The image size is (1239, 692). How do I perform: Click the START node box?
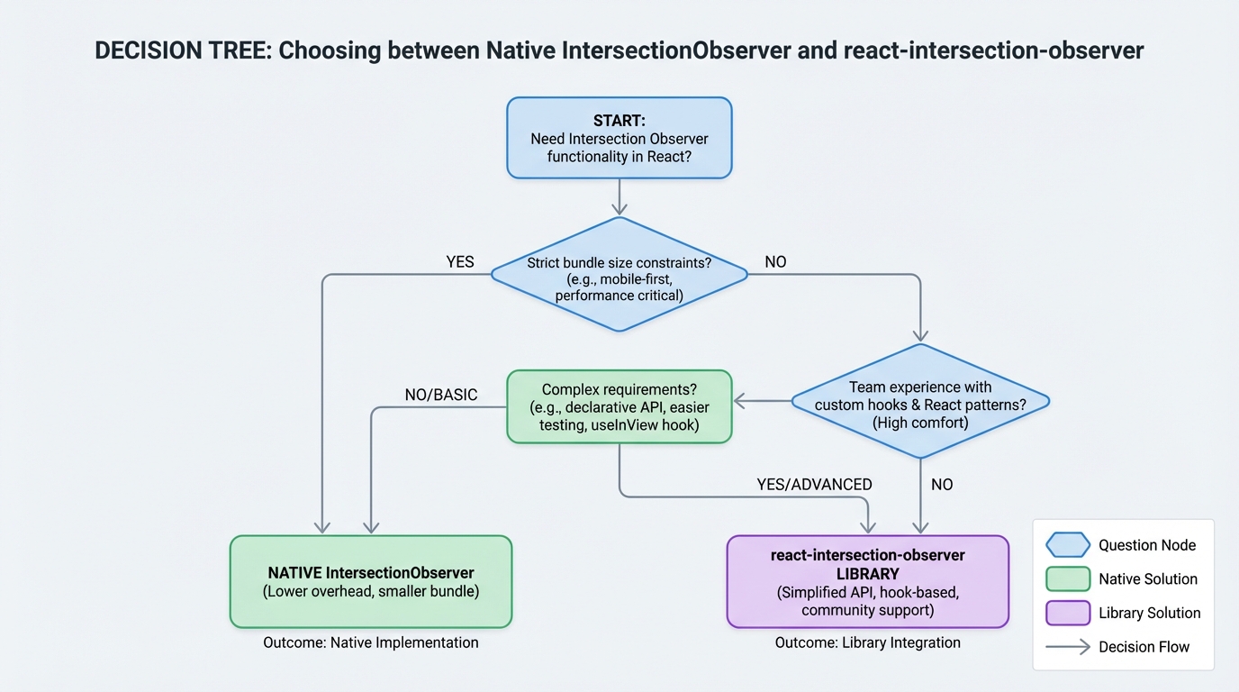619,138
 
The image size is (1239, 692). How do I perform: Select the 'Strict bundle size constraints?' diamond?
619,274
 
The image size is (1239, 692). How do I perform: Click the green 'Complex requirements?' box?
619,406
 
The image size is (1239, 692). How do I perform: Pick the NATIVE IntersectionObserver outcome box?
371,582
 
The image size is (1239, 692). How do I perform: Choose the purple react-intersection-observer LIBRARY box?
867,582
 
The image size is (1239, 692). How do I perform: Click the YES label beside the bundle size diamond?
460,261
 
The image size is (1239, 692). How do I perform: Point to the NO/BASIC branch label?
441,395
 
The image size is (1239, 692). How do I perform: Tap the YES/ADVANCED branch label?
814,485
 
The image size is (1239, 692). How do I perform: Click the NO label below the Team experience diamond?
942,485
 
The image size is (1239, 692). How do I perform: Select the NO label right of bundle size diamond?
775,261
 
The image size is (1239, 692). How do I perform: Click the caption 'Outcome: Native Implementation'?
371,642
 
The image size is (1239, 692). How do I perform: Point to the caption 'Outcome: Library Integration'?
867,642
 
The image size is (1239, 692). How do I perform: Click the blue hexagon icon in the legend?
1068,545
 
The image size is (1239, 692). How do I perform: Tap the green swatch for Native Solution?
1068,578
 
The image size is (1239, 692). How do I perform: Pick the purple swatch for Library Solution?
1068,613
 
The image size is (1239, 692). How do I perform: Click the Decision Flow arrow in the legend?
1068,647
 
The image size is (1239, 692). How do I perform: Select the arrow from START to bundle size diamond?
619,197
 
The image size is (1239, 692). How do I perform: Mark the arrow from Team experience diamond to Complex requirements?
762,401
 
